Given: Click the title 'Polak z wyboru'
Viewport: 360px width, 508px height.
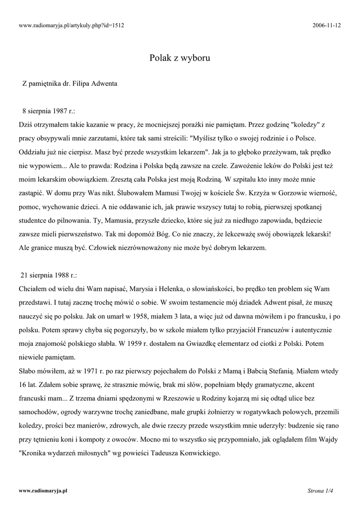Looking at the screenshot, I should (180, 58).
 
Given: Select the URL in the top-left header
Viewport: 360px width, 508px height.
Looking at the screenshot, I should (71, 25).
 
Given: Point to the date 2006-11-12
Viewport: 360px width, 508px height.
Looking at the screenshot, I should (327, 25).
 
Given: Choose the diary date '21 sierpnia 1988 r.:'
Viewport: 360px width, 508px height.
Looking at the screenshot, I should (49, 275).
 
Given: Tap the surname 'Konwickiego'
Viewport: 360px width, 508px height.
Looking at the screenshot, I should (195, 452).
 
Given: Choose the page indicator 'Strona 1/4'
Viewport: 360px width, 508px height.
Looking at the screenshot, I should (320, 491).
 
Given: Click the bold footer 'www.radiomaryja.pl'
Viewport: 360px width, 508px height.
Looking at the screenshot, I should (43, 491).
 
